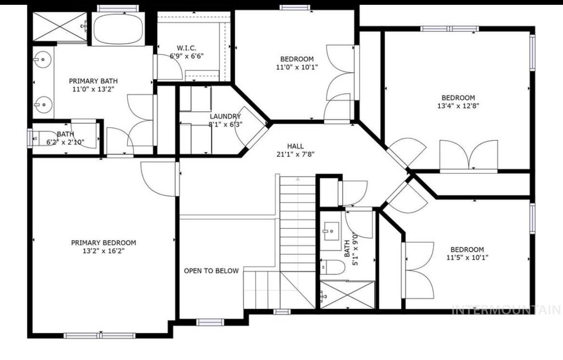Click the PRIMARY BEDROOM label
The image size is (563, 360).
(103, 243)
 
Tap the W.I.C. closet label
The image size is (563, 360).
(186, 48)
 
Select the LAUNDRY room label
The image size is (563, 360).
(225, 116)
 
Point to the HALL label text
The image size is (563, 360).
(295, 146)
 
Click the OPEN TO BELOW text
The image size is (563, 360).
(211, 271)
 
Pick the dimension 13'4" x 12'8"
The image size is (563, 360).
(458, 105)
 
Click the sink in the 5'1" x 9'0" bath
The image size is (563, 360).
(331, 231)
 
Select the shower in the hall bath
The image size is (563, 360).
(347, 294)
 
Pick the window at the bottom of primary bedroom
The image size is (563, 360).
(100, 335)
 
